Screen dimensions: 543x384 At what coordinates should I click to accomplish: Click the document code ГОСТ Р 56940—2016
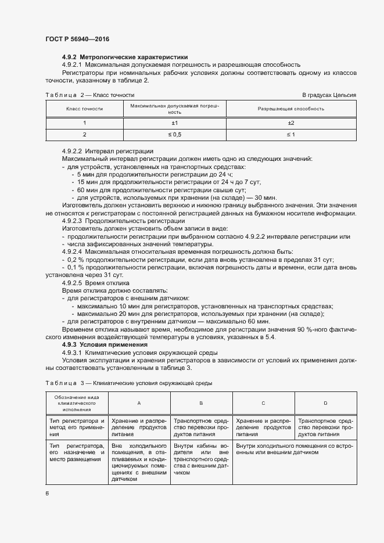(77, 39)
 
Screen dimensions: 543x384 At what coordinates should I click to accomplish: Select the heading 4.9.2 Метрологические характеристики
(125, 57)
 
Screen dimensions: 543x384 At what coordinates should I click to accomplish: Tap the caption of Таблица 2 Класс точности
(90, 95)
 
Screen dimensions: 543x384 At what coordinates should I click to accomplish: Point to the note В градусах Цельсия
(328, 95)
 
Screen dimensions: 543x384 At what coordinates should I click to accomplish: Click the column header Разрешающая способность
(291, 109)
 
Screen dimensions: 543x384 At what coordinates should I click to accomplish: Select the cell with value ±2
(291, 123)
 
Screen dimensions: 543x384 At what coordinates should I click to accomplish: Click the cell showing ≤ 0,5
(174, 135)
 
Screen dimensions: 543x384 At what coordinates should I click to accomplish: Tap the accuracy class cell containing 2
(84, 135)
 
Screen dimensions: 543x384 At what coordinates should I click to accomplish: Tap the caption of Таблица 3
(128, 383)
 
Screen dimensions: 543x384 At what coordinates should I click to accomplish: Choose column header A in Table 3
(138, 402)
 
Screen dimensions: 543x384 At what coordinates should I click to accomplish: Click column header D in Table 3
(325, 402)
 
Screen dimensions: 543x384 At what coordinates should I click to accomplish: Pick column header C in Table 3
(263, 402)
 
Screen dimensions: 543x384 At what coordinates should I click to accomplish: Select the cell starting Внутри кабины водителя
(201, 459)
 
